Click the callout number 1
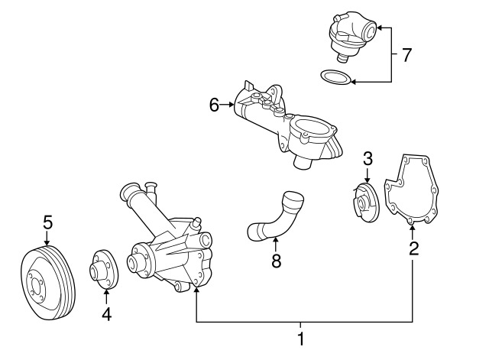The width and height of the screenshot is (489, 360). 300,339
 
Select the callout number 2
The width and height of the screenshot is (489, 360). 413,248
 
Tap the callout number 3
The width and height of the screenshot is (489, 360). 368,158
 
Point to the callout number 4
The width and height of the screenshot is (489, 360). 107,314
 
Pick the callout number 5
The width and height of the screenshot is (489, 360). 47,222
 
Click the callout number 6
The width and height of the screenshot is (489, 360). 214,105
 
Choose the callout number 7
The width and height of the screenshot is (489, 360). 406,55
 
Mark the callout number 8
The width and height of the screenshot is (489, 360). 277,261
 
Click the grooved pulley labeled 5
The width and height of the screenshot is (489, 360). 48,283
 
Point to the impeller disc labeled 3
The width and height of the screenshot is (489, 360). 365,203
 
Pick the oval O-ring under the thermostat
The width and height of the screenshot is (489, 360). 335,77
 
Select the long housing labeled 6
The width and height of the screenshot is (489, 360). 287,125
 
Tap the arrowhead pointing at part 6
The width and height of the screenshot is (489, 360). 231,105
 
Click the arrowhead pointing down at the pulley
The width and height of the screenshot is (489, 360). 47,243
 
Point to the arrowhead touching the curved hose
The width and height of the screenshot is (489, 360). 275,239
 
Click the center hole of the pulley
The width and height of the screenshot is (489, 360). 36,285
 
